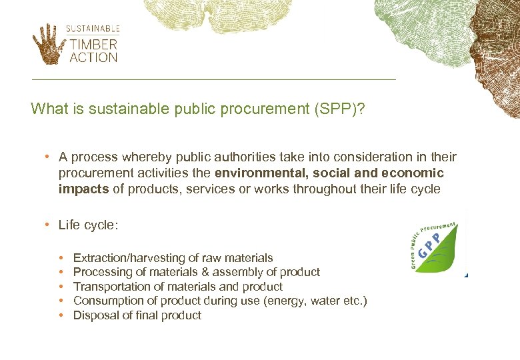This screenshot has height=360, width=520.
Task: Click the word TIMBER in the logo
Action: (x=93, y=45)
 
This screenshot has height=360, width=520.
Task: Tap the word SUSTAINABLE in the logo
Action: (x=93, y=29)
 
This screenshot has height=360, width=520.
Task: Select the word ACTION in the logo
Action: (x=93, y=57)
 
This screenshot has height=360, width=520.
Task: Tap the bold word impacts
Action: (x=83, y=189)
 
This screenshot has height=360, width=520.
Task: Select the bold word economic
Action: (x=413, y=173)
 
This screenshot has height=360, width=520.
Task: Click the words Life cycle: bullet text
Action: (x=88, y=225)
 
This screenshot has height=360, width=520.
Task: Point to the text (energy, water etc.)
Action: (x=315, y=301)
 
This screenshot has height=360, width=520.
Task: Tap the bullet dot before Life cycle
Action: (x=49, y=225)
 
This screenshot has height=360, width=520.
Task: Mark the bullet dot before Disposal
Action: (x=61, y=315)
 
